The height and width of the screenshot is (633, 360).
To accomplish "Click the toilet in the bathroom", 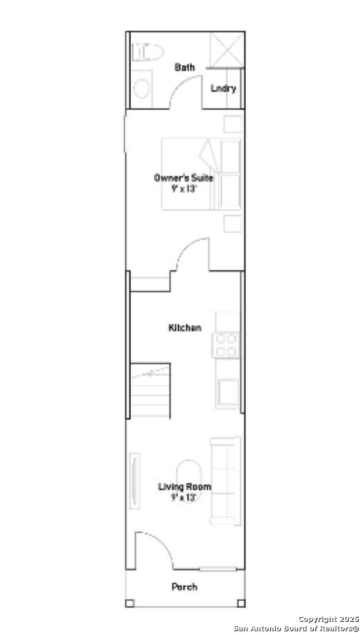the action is coord(148,52).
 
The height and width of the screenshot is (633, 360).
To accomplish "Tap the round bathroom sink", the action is coord(141,89).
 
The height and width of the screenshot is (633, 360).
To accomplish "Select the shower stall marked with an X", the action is coord(227,50).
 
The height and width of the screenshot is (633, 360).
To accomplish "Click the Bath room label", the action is coord(185,67).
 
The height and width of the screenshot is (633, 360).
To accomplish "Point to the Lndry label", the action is coord(223,89).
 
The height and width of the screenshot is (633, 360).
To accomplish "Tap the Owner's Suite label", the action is coord(184,178).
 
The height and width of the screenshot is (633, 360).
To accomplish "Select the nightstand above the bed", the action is coord(232,124).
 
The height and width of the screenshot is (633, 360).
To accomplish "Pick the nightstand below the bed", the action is coord(232,224).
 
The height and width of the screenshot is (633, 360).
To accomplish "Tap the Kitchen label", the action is coord(185,328).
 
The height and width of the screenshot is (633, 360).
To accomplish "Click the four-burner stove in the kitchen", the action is coord(226,345).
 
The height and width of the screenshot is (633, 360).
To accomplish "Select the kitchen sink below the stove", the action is coord(228,392).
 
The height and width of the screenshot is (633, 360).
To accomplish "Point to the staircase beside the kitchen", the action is coord(150,390).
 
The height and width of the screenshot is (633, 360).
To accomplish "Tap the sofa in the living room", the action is coord(226,481).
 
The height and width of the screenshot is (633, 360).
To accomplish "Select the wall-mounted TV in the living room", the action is coord(134,481).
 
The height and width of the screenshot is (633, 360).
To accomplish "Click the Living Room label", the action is coord(184,487).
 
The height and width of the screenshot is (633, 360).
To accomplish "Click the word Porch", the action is coord(185,587).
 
